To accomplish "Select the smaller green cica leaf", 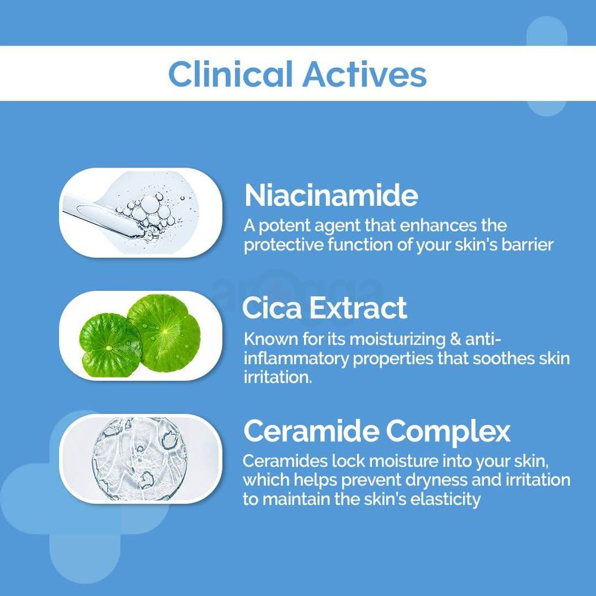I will coord(110,342).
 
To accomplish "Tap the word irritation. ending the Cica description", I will coord(277,378).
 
